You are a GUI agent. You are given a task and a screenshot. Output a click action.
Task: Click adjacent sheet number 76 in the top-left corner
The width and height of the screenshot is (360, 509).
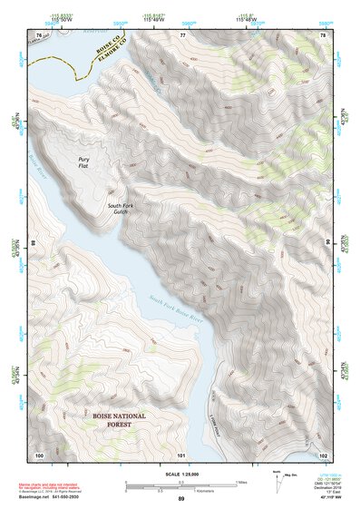[x=38, y=34]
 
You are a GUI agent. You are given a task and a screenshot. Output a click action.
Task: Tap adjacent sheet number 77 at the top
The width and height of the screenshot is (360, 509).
[x=182, y=34]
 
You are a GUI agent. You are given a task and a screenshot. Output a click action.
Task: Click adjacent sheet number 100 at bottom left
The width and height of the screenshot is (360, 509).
[x=38, y=454]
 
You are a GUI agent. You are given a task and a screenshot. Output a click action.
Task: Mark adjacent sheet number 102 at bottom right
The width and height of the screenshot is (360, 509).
[x=323, y=454]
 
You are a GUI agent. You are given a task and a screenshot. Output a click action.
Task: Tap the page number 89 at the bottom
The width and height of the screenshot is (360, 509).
[x=180, y=500]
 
